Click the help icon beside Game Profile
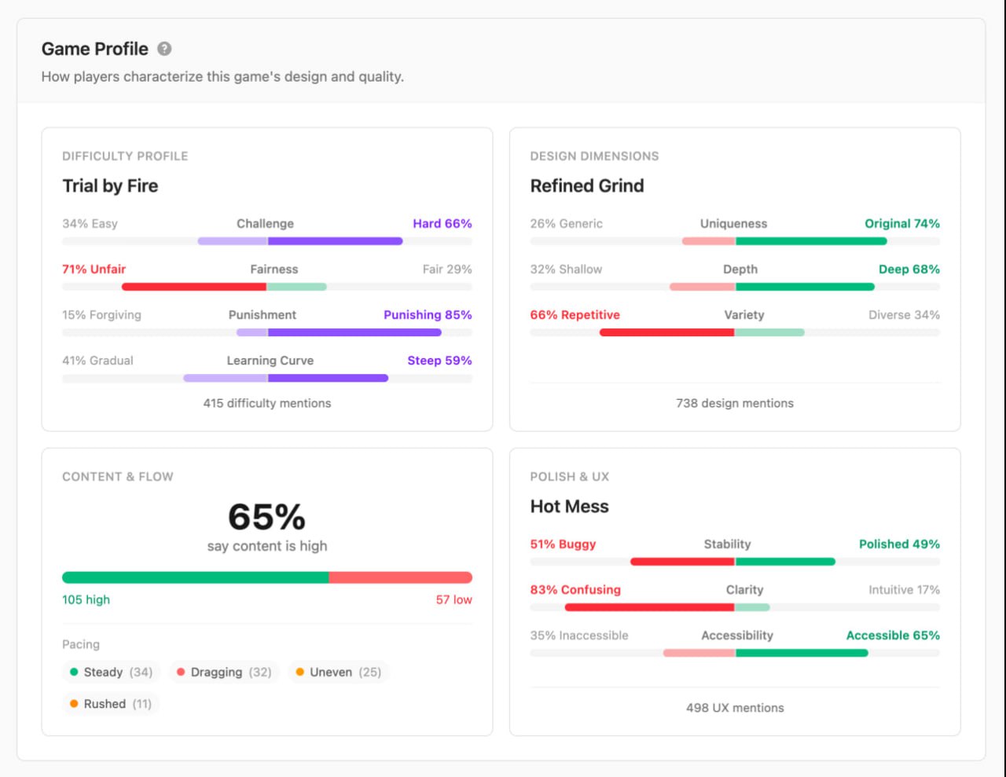(x=164, y=49)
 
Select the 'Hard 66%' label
(x=442, y=224)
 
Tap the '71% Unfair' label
(x=94, y=269)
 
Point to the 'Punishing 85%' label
(x=428, y=315)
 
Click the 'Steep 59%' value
(x=439, y=361)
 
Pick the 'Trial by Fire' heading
(x=110, y=186)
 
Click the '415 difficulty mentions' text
(x=267, y=403)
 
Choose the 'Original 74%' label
(x=901, y=224)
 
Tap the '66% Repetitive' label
(x=575, y=315)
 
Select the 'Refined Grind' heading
(x=587, y=186)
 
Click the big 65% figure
(x=266, y=517)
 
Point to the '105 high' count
(x=86, y=600)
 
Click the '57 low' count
(x=453, y=600)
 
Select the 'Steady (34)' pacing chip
(x=111, y=673)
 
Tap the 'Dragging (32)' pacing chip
(x=224, y=673)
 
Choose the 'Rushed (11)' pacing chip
(x=110, y=704)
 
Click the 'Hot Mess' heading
(x=569, y=507)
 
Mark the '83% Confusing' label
(x=575, y=590)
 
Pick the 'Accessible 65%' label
(x=892, y=636)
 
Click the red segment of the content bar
(x=400, y=577)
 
